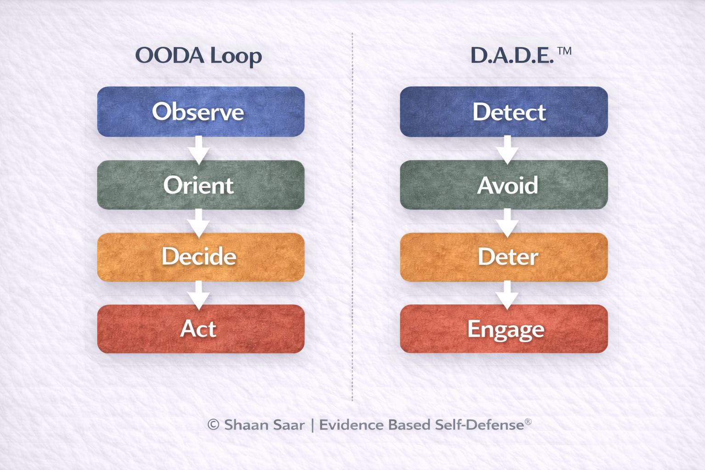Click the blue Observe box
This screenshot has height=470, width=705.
(201, 112)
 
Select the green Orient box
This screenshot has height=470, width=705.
(201, 185)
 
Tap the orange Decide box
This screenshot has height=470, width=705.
(201, 257)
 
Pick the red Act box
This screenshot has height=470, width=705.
(201, 329)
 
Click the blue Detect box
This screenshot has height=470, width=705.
(504, 112)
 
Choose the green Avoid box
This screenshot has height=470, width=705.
(504, 185)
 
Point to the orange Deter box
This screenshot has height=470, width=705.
(504, 257)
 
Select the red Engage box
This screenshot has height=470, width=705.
(504, 329)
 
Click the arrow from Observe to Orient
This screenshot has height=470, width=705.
(199, 150)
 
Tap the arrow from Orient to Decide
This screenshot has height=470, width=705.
(199, 223)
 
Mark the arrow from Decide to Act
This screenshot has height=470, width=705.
(199, 295)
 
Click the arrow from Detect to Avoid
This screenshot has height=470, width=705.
(507, 150)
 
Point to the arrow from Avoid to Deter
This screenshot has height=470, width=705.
(507, 223)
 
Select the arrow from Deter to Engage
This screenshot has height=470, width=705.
(507, 295)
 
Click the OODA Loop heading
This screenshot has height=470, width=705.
(198, 56)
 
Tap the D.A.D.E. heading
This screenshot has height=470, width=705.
(512, 56)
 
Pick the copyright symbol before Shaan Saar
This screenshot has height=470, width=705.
(213, 425)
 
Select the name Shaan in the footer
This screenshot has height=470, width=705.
(246, 425)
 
